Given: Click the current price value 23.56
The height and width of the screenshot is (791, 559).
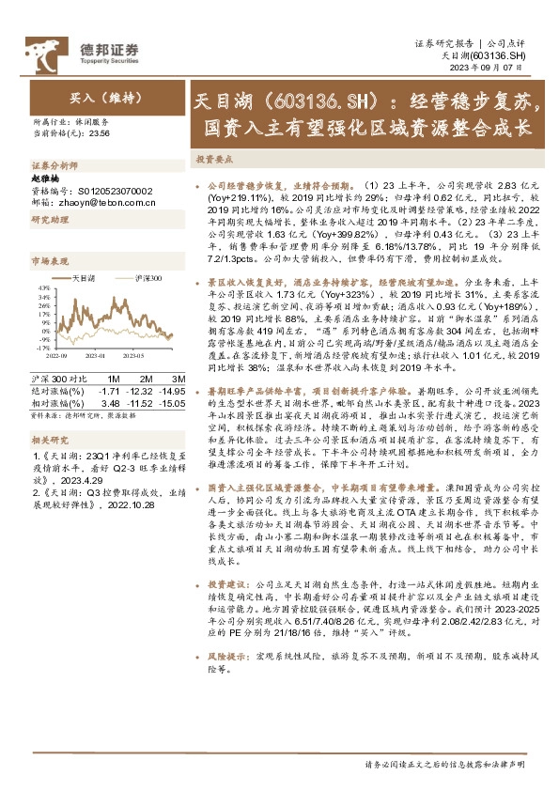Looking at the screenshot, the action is [99, 133].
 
